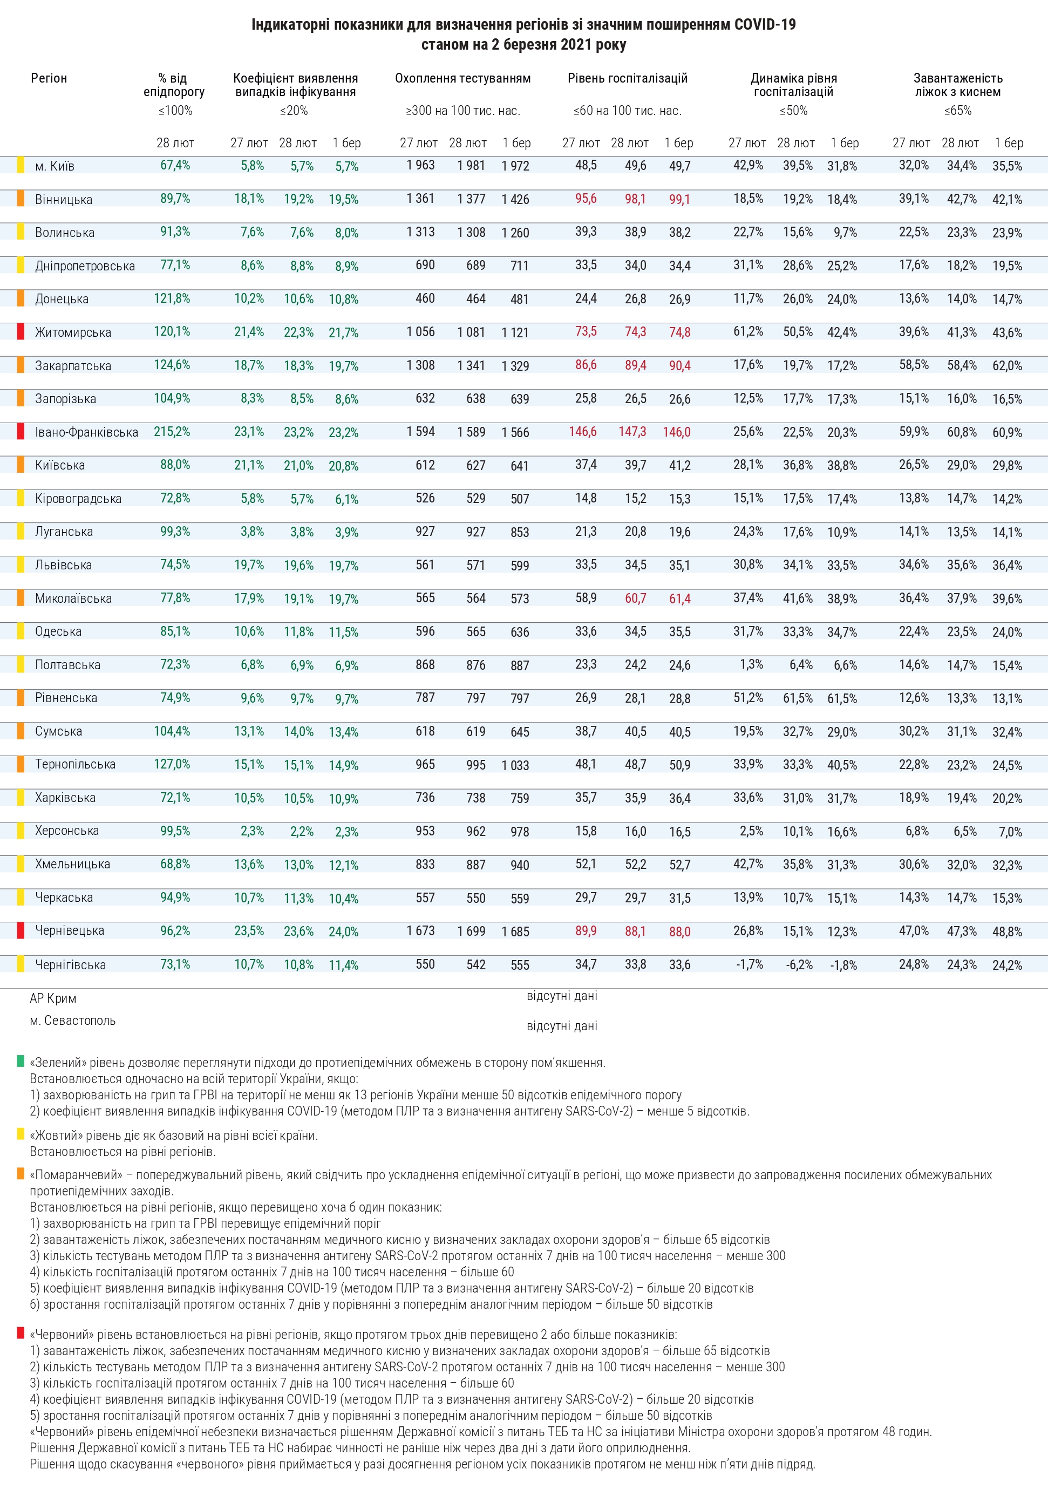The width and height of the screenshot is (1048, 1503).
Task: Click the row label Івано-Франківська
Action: pyautogui.click(x=86, y=432)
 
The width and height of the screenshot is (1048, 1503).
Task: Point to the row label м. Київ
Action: pyautogui.click(x=55, y=166)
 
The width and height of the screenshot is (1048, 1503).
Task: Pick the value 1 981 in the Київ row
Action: pyautogui.click(x=471, y=166)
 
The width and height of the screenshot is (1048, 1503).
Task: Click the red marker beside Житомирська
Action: pyautogui.click(x=21, y=332)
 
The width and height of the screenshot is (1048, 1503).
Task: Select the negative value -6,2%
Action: pyautogui.click(x=799, y=965)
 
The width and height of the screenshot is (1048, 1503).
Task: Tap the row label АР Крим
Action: pyautogui.click(x=53, y=998)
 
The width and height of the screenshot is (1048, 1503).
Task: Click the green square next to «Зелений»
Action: pyautogui.click(x=21, y=1061)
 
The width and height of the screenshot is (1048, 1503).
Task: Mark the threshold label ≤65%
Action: pyautogui.click(x=958, y=111)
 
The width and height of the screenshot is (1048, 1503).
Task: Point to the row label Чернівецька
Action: pyautogui.click(x=70, y=930)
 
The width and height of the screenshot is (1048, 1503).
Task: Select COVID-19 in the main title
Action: pyautogui.click(x=765, y=25)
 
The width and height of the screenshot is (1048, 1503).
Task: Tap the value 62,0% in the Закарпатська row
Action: pyautogui.click(x=1007, y=366)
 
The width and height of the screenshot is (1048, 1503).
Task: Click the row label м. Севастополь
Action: pyautogui.click(x=73, y=1021)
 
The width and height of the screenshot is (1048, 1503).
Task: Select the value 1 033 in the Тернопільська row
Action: pyautogui.click(x=515, y=765)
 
